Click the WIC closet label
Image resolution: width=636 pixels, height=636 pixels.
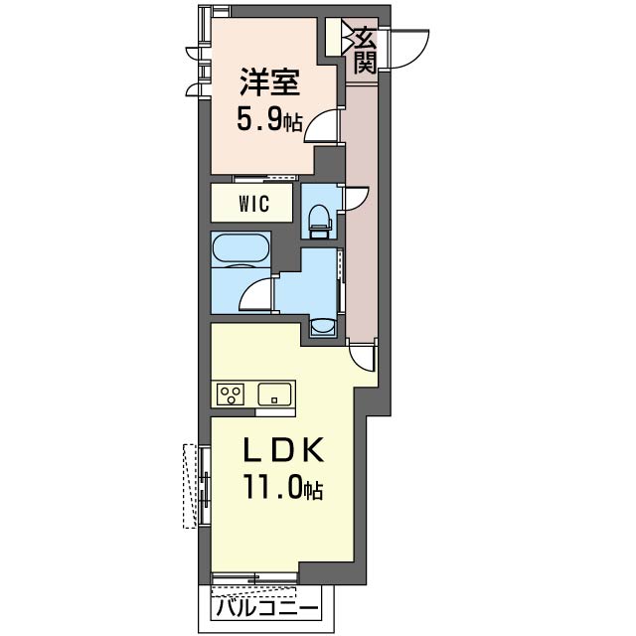[x=254, y=204]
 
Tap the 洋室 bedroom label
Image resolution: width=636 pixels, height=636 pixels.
[x=269, y=82]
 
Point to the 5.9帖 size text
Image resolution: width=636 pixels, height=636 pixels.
[x=269, y=119]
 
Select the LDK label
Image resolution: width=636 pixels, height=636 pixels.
[x=283, y=450]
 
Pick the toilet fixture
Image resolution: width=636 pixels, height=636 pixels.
[x=320, y=222]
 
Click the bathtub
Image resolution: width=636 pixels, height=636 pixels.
[x=240, y=249]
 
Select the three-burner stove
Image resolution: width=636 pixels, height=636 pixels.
[x=231, y=395]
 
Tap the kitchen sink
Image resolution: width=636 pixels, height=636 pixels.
[x=274, y=395]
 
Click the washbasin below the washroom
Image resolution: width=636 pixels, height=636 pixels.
[x=323, y=327]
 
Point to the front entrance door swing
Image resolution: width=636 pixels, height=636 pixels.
[x=408, y=49]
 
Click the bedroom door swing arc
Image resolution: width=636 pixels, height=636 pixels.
[x=320, y=126]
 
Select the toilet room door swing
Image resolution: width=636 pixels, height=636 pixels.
[x=356, y=199]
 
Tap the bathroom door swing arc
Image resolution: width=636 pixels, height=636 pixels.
[x=256, y=294]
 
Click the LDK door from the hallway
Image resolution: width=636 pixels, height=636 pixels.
[x=362, y=356]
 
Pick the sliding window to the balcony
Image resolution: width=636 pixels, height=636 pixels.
[x=254, y=577]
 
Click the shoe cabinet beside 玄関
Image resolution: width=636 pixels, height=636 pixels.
[x=334, y=37]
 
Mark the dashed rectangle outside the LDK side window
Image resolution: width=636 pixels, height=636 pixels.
[x=190, y=486]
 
